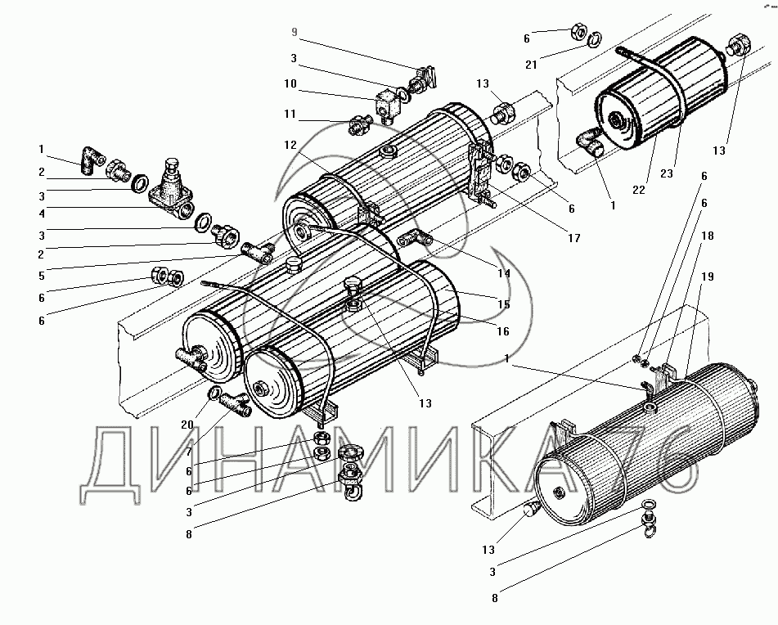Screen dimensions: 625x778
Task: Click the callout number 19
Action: pyautogui.click(x=707, y=277)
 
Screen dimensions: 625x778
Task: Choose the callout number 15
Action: pyautogui.click(x=503, y=304)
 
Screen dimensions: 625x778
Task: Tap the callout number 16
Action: pyautogui.click(x=503, y=331)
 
